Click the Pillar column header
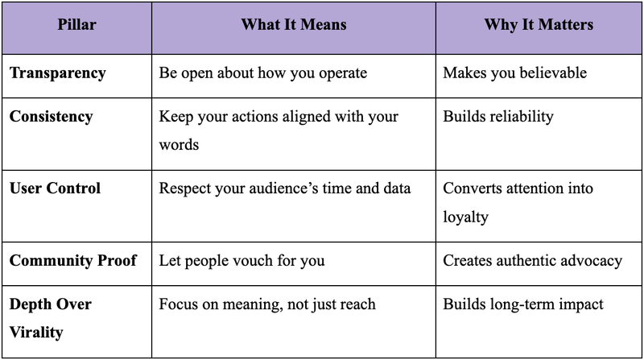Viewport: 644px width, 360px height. pos(76,25)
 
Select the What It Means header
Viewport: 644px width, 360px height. pos(293,25)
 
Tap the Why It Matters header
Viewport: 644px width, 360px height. pos(539,25)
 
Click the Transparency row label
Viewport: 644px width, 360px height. pos(57,73)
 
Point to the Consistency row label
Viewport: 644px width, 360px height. pos(52,117)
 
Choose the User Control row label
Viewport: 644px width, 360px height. pos(56,188)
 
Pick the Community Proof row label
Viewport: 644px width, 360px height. pos(73,261)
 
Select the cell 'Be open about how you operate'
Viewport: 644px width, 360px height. pos(263,73)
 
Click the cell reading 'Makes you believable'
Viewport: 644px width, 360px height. pos(515,73)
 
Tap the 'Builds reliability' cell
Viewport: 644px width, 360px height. pos(498,117)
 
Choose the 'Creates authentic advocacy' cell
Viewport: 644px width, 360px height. pos(533,261)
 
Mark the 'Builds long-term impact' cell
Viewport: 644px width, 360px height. pos(523,304)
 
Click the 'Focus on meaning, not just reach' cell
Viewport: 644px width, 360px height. pos(267,304)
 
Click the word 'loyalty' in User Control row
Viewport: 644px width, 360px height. pos(465,217)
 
